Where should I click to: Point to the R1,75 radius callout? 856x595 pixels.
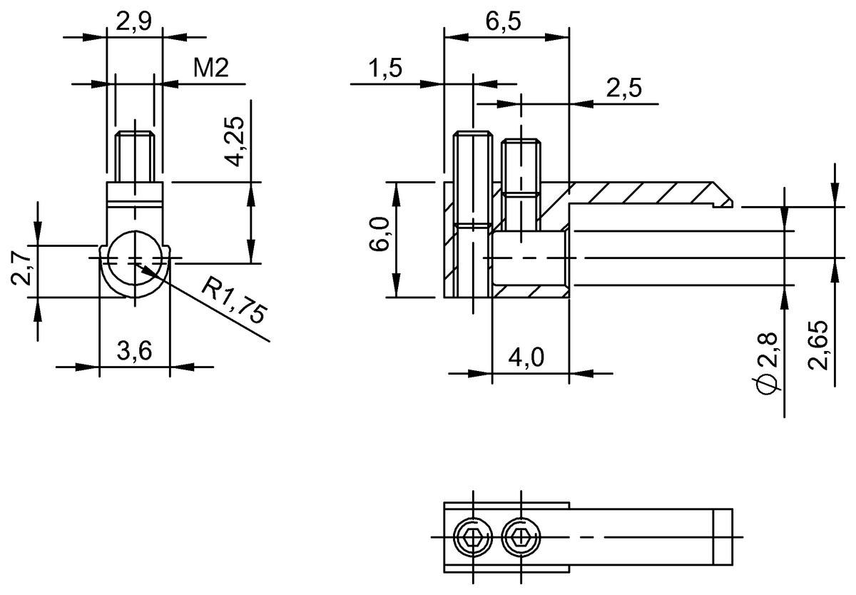[x=233, y=301]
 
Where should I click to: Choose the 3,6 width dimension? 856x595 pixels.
[x=134, y=352]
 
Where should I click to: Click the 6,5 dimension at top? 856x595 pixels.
[x=504, y=21]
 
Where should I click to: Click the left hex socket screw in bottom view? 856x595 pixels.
[x=472, y=536]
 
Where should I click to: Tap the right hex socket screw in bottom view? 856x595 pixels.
[x=520, y=536]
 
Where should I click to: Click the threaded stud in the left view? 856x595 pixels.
[x=134, y=156]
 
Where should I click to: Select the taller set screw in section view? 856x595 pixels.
[x=472, y=214]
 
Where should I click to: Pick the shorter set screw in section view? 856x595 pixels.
[x=520, y=168]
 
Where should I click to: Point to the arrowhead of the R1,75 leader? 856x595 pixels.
[x=139, y=267]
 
